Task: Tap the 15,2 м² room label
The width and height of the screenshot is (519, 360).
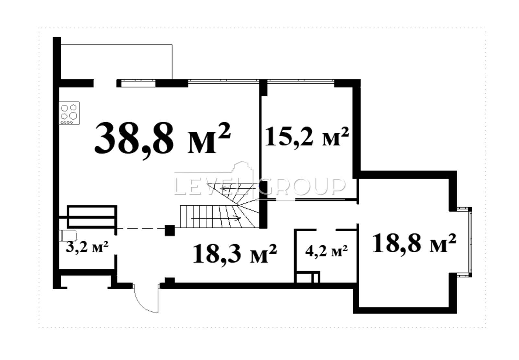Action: pyautogui.click(x=307, y=137)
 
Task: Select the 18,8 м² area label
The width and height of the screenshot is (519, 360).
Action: pyautogui.click(x=414, y=243)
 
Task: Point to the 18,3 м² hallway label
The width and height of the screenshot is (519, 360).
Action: pyautogui.click(x=235, y=254)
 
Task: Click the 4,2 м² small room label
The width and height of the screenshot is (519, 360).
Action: pyautogui.click(x=326, y=251)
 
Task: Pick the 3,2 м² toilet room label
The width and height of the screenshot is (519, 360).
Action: pyautogui.click(x=87, y=246)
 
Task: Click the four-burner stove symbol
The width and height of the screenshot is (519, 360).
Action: pyautogui.click(x=69, y=113)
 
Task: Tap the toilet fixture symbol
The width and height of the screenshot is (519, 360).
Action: pyautogui.click(x=68, y=235)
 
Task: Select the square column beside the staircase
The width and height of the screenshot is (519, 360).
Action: pyautogui.click(x=170, y=231)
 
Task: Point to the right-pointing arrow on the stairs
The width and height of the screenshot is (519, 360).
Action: pyautogui.click(x=216, y=218)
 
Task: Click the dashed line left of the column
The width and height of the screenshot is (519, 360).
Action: pyautogui.click(x=141, y=228)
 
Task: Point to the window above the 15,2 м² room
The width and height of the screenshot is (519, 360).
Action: pyautogui.click(x=301, y=81)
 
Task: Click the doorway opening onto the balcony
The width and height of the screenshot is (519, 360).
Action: pyautogui.click(x=105, y=83)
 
